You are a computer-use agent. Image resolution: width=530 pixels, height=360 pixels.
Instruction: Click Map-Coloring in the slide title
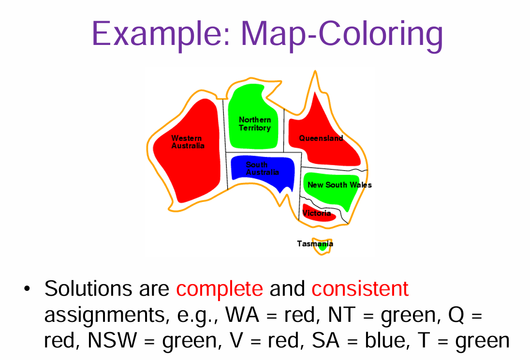(x=341, y=34)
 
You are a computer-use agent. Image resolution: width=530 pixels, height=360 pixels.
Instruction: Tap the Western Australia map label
(x=188, y=142)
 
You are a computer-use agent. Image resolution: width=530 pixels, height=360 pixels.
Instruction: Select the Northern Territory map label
(x=255, y=124)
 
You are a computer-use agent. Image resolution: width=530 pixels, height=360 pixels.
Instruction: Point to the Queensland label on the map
(x=321, y=138)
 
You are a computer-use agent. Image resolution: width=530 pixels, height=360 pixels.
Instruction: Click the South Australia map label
(x=262, y=169)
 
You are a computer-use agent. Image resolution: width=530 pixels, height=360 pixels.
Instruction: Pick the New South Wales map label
(x=339, y=185)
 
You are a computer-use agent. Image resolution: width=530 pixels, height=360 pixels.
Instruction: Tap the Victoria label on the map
(x=317, y=213)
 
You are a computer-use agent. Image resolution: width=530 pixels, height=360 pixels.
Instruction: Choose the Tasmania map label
(x=314, y=244)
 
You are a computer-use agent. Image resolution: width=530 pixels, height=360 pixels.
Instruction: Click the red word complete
(x=220, y=289)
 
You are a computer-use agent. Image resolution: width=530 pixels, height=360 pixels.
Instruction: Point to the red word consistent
(x=360, y=289)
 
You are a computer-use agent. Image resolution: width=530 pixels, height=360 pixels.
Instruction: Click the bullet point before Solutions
(x=27, y=289)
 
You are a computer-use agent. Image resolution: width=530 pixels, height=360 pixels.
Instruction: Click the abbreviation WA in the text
(x=245, y=315)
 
